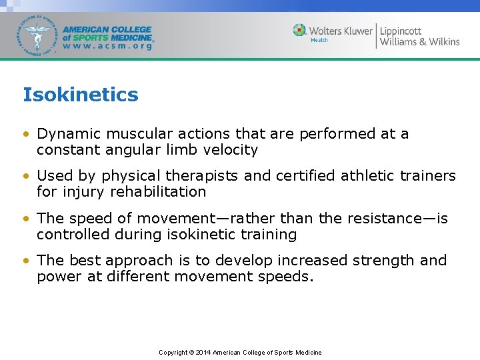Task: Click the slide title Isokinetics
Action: pos(81,95)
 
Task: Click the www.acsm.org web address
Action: pos(107,47)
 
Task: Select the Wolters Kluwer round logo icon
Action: pos(300,30)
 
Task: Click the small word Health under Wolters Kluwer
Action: pos(319,40)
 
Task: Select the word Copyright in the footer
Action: pos(173,352)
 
